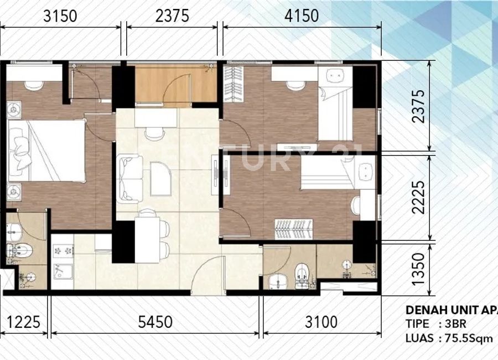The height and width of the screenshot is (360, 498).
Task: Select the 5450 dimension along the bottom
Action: [155, 322]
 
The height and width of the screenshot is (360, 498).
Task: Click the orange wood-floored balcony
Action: [175, 84]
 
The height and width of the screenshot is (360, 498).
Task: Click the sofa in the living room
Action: [129, 178]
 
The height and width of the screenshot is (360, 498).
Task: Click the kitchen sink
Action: [61, 272]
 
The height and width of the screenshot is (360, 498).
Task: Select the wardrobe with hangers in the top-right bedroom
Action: [234, 84]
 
